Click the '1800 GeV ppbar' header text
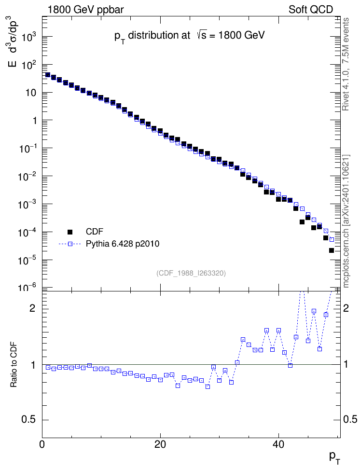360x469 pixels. coord(85,10)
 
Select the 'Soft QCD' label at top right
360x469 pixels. coord(311,10)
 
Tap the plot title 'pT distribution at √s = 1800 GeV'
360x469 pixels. coord(190,36)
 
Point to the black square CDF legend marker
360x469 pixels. coord(70,232)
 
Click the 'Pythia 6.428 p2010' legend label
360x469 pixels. coord(123,244)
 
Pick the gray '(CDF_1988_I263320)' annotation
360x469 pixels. coord(191,273)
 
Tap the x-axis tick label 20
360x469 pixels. coord(160,444)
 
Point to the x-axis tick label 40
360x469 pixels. coord(278,444)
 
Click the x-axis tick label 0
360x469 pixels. coord(42,444)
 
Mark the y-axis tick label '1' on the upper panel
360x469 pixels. coord(34,121)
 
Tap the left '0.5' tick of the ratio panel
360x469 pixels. coord(29,419)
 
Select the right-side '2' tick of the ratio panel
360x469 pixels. coord(346,308)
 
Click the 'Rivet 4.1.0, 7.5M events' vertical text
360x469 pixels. coord(346,64)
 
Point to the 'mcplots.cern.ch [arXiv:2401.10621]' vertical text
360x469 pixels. coord(346,221)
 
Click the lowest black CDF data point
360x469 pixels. coord(331,250)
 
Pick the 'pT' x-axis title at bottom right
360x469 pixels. coord(334,457)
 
